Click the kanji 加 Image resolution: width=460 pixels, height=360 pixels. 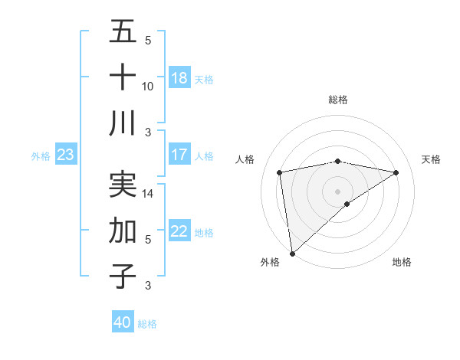pyautogui.click(x=123, y=230)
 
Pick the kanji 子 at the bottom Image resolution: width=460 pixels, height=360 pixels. pyautogui.click(x=123, y=275)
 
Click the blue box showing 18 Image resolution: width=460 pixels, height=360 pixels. pyautogui.click(x=179, y=78)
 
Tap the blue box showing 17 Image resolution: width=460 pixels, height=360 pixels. pyautogui.click(x=179, y=155)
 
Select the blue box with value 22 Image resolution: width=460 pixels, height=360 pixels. pyautogui.click(x=179, y=232)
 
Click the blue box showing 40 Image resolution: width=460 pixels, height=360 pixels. pyautogui.click(x=123, y=322)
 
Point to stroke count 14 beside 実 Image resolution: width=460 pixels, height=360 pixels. pyautogui.click(x=148, y=195)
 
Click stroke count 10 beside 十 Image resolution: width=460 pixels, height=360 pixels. pyautogui.click(x=148, y=87)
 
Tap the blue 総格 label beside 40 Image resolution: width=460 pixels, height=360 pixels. pyautogui.click(x=147, y=324)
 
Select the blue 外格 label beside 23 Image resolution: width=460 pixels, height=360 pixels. pyautogui.click(x=41, y=156)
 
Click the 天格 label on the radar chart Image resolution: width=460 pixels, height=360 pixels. pyautogui.click(x=431, y=159)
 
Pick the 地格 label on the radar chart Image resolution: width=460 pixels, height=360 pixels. pyautogui.click(x=402, y=262)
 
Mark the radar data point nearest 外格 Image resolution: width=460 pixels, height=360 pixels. pyautogui.click(x=292, y=253)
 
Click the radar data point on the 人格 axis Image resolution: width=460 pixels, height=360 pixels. pyautogui.click(x=281, y=172)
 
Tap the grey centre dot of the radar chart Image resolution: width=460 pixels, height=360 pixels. pyautogui.click(x=337, y=191)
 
